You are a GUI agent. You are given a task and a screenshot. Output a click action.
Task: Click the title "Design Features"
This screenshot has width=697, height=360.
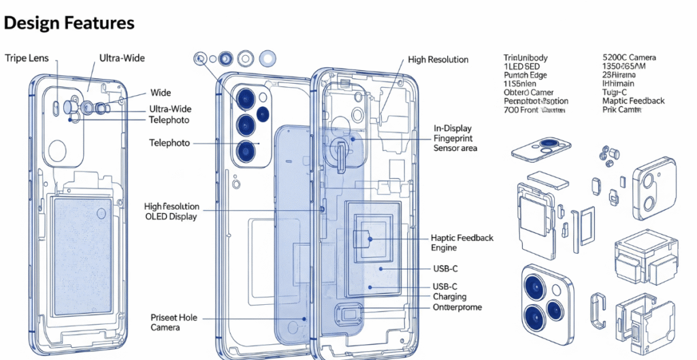(x=69, y=23)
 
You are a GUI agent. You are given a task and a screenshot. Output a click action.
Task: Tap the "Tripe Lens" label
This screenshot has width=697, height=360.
(x=27, y=59)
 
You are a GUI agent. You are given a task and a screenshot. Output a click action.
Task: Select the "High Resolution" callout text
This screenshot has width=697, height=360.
(x=438, y=60)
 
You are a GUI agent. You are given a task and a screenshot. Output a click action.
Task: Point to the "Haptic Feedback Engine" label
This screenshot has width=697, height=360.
(x=462, y=244)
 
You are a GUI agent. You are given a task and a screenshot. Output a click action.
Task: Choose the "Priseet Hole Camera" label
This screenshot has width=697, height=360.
(x=174, y=323)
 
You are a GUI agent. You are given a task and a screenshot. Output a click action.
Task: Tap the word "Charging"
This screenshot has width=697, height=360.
(x=449, y=297)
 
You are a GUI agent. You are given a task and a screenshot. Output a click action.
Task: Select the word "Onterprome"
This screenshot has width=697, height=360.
(x=457, y=308)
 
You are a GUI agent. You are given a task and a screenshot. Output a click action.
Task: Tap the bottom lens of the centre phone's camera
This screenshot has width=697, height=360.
(x=246, y=149)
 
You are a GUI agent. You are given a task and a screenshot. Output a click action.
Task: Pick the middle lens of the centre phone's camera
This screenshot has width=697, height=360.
(x=246, y=124)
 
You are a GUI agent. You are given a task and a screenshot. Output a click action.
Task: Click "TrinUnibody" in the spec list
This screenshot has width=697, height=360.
(x=525, y=59)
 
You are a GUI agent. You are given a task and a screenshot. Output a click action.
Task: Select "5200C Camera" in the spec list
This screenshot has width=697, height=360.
(x=629, y=59)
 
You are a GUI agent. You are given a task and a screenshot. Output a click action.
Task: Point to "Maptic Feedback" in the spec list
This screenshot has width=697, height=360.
(x=633, y=101)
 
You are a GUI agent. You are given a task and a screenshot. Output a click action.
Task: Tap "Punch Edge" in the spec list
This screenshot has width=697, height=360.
(x=525, y=76)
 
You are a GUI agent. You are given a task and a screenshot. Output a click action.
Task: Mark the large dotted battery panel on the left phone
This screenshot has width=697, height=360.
(x=82, y=256)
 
